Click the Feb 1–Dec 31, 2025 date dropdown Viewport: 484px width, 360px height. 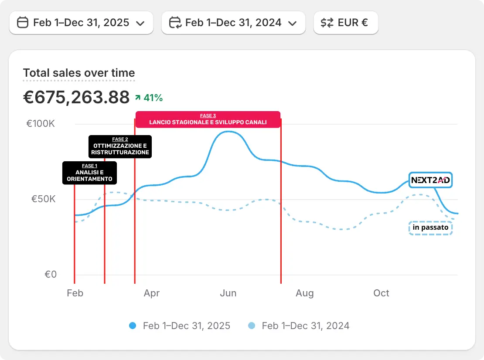81,23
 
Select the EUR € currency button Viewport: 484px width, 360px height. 345,23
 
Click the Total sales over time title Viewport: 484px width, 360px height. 79,73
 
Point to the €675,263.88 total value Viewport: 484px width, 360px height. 76,97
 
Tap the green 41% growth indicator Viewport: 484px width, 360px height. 149,98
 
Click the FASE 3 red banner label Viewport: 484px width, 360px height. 208,119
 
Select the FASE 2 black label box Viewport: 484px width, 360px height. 120,146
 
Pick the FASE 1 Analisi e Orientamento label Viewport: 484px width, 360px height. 89,173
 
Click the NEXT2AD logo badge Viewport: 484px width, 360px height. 430,180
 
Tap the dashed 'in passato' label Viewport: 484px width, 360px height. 430,228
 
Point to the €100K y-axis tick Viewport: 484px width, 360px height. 41,124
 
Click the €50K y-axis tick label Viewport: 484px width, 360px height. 43,199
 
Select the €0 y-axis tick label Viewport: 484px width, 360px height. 51,275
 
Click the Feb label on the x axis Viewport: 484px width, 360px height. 75,293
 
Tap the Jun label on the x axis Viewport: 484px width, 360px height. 228,293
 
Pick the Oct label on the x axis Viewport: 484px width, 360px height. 381,293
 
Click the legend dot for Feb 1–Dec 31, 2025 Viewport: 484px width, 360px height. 133,326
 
